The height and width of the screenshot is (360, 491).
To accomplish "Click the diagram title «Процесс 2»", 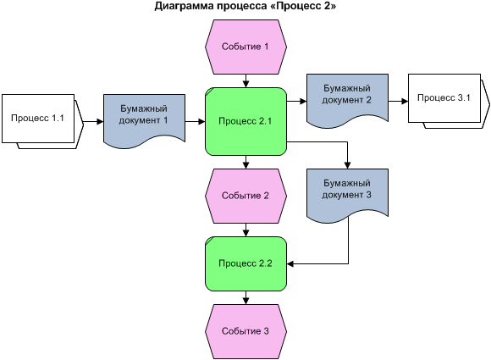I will (x=245, y=8).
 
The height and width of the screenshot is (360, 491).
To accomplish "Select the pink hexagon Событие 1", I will (x=245, y=46).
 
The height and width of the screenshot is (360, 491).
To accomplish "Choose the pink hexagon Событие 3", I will (x=245, y=330).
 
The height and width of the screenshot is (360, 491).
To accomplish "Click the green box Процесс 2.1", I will (x=245, y=122).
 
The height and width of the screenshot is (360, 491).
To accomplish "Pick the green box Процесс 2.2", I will (x=245, y=263).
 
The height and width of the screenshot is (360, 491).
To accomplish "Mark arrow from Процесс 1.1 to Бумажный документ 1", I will (x=94, y=122).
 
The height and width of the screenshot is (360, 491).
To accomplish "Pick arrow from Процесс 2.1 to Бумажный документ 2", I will (x=295, y=101).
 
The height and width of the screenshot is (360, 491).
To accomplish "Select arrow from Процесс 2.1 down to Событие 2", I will (x=245, y=163).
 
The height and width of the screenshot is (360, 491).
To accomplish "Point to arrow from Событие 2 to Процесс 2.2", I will (x=245, y=230).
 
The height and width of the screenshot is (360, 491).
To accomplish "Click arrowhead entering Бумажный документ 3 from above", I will (x=347, y=164).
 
